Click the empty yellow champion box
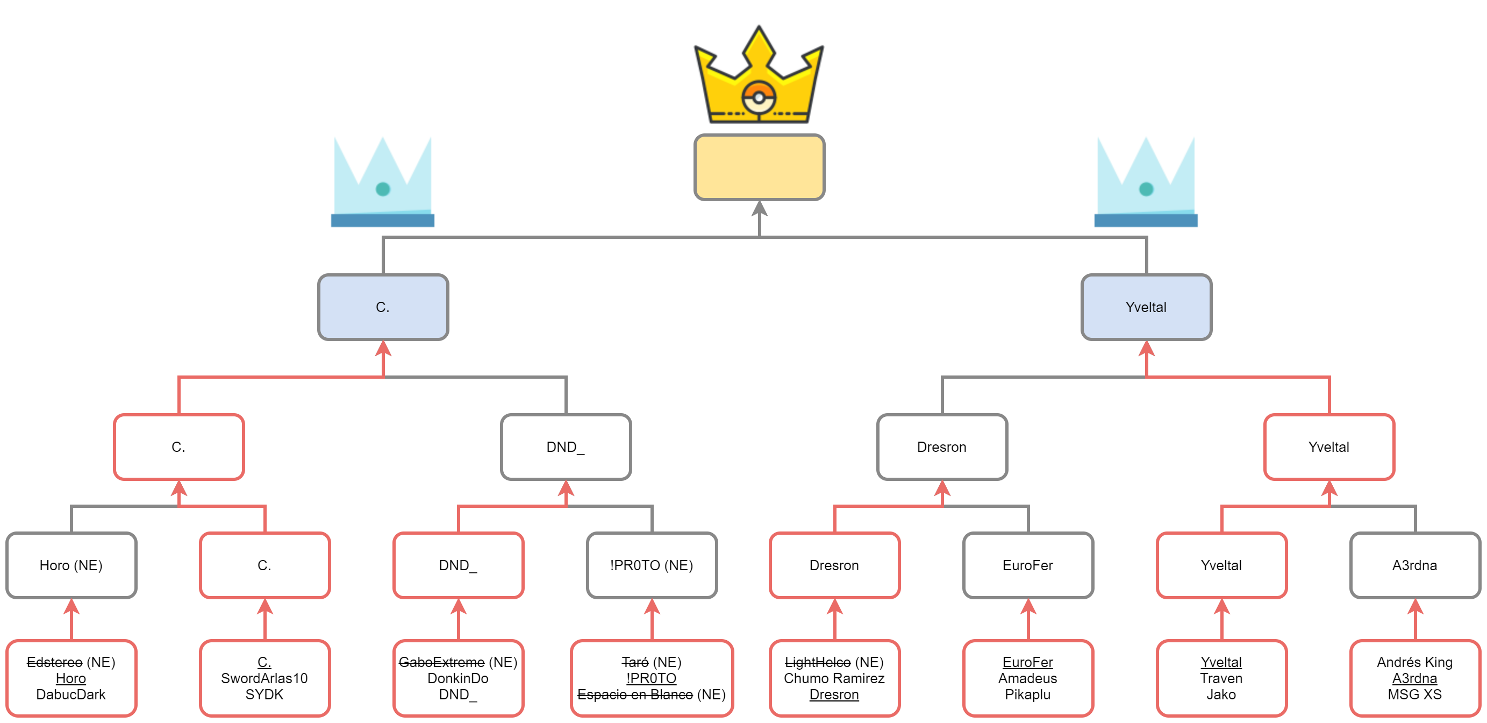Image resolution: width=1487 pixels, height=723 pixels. [x=759, y=167]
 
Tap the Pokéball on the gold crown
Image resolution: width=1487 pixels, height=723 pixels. [x=759, y=97]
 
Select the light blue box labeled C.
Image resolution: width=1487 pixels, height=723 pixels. [x=383, y=307]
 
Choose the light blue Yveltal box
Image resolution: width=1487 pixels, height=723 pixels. [x=1146, y=307]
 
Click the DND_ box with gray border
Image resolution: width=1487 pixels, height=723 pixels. [x=566, y=447]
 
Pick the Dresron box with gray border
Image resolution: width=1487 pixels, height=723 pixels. [x=941, y=447]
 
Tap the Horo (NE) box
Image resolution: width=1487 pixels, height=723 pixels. [x=71, y=565]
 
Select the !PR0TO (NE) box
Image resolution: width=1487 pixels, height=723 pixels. [x=652, y=565]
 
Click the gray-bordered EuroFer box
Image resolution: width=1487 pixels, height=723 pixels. [x=1027, y=565]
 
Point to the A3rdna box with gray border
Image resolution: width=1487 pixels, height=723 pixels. [x=1414, y=565]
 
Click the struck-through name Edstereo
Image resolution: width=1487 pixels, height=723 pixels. [x=55, y=662]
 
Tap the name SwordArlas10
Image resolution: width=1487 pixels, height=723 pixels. [x=264, y=678]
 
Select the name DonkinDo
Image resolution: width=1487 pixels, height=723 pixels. [x=457, y=678]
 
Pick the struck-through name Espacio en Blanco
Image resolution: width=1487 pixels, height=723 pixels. [x=635, y=694]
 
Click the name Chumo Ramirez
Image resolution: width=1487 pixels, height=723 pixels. [x=834, y=678]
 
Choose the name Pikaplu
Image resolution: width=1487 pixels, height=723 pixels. [x=1027, y=694]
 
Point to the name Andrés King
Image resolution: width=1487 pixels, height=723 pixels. [x=1414, y=662]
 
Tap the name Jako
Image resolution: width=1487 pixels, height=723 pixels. [x=1221, y=694]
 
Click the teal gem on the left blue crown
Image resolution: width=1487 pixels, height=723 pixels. [x=383, y=189]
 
